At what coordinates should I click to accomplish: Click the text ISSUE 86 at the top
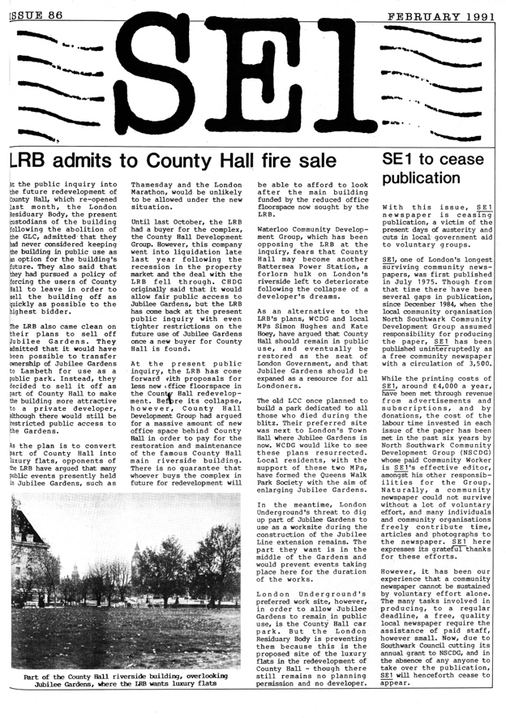pos(34,9)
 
